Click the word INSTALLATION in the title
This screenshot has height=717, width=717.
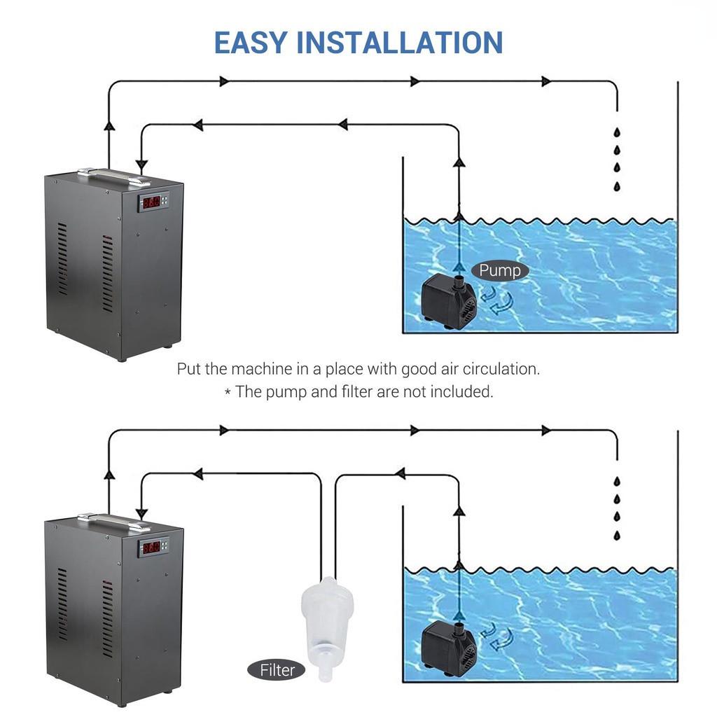[400, 42]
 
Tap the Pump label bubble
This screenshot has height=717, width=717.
[499, 270]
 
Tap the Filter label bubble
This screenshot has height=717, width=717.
[277, 670]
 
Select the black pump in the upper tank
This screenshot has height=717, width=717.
[449, 301]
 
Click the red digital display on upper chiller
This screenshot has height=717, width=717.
[150, 203]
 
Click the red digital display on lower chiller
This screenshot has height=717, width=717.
[150, 548]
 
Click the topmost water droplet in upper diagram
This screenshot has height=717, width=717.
[617, 132]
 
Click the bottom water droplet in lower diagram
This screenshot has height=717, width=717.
[617, 536]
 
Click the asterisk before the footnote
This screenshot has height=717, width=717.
[228, 393]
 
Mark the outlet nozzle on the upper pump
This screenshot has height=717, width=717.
[459, 283]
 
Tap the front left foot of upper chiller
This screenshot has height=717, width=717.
[121, 357]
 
